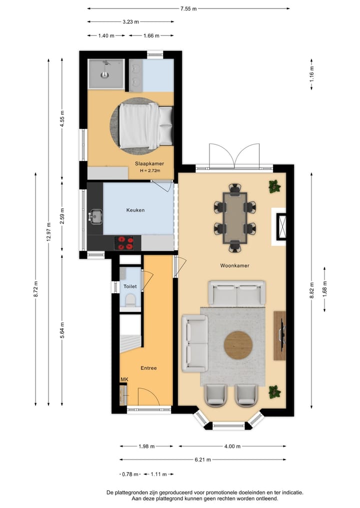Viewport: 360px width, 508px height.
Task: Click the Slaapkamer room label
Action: (x=149, y=163)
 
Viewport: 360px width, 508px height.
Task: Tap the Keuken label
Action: (x=135, y=210)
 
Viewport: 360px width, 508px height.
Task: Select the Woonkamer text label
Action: (x=234, y=266)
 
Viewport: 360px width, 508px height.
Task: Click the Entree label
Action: (x=148, y=368)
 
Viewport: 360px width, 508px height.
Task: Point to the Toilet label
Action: (x=130, y=286)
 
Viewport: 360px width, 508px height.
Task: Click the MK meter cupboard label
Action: (x=124, y=380)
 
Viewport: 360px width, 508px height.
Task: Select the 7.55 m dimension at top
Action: (x=188, y=8)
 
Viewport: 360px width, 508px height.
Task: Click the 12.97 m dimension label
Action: (x=48, y=231)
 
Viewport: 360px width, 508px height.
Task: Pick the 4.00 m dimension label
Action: (x=232, y=447)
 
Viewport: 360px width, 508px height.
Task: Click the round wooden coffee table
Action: (x=238, y=345)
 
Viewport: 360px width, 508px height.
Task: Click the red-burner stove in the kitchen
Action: (x=125, y=243)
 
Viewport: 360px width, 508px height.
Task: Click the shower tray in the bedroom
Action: (x=105, y=74)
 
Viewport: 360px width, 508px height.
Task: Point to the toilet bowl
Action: (x=130, y=300)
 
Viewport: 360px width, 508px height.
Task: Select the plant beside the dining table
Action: (x=273, y=187)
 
